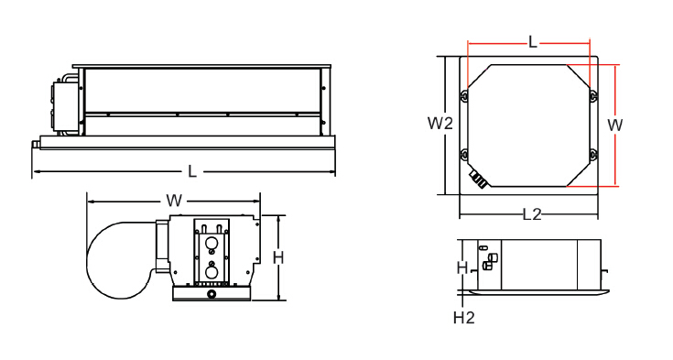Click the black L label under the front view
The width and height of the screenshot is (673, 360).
pyautogui.click(x=191, y=171)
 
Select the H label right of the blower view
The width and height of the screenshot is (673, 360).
pyautogui.click(x=278, y=257)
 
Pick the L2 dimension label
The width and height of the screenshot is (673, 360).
pyautogui.click(x=531, y=214)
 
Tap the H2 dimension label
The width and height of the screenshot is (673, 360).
pyautogui.click(x=464, y=318)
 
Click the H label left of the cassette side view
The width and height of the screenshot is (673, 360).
pyautogui.click(x=462, y=267)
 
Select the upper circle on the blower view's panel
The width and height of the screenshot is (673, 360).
pyautogui.click(x=212, y=245)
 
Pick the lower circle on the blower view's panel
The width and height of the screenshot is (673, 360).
pyautogui.click(x=212, y=270)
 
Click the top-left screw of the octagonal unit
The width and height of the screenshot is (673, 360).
pyautogui.click(x=466, y=95)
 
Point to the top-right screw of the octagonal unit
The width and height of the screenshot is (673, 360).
pyautogui.click(x=592, y=95)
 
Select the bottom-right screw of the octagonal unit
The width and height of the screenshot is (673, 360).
pyautogui.click(x=592, y=153)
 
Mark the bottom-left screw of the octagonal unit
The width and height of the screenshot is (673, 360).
pyautogui.click(x=466, y=153)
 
